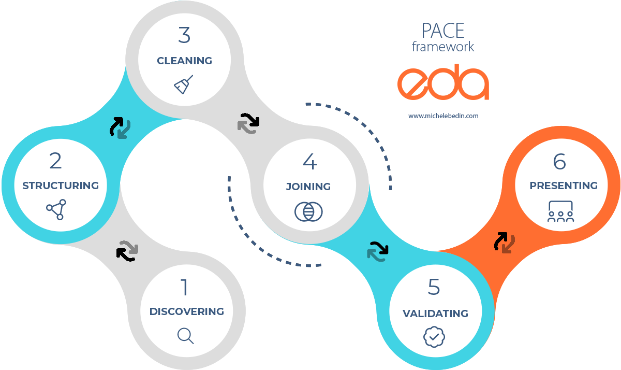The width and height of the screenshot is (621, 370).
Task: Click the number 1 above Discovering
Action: pyautogui.click(x=184, y=288)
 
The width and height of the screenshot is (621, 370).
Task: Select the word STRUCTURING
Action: pyautogui.click(x=61, y=186)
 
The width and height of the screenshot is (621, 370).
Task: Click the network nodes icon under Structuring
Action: pyautogui.click(x=56, y=209)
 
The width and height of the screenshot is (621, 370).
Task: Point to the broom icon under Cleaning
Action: pyautogui.click(x=184, y=85)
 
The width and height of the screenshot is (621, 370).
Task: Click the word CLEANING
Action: pyautogui.click(x=185, y=61)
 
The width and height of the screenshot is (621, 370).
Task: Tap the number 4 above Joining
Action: pyautogui.click(x=309, y=162)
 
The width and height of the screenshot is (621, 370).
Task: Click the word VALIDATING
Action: pyautogui.click(x=435, y=314)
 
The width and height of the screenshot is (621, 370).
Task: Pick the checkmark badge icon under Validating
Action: pyautogui.click(x=434, y=337)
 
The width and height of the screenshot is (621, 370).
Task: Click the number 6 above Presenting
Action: pyautogui.click(x=559, y=162)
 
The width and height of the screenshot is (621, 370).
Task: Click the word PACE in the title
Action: pyautogui.click(x=443, y=31)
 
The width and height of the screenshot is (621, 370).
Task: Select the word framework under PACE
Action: pyautogui.click(x=443, y=47)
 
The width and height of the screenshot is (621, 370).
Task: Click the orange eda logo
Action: pyautogui.click(x=443, y=83)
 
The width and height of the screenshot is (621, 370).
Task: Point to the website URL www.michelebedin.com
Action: pyautogui.click(x=443, y=116)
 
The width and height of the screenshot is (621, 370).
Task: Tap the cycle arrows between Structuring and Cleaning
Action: pyautogui.click(x=120, y=127)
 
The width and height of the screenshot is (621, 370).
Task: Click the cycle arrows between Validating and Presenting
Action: pyautogui.click(x=504, y=242)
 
